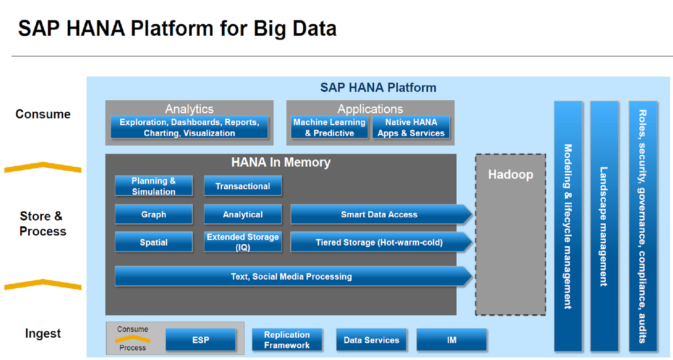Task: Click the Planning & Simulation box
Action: [x=154, y=186]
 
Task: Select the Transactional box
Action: [x=243, y=186]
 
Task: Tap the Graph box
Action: [x=154, y=214]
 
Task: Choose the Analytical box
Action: [x=243, y=214]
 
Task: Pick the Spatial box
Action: [x=154, y=242]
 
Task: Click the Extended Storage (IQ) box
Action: [x=243, y=242]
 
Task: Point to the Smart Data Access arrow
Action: [x=379, y=214]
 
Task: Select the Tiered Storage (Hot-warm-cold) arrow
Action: [x=379, y=242]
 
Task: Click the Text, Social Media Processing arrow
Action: [x=291, y=276]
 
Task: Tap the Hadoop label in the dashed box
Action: [x=510, y=175]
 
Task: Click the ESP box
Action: [x=201, y=340]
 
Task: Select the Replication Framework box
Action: [x=287, y=340]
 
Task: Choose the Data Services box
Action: [x=371, y=340]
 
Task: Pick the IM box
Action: [x=452, y=340]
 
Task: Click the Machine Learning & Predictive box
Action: [x=329, y=127]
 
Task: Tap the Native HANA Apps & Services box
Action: [x=411, y=127]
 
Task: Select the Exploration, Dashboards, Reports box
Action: [x=189, y=127]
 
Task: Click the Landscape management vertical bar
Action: [x=604, y=226]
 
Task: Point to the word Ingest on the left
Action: [x=43, y=334]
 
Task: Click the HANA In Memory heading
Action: [x=281, y=162]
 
